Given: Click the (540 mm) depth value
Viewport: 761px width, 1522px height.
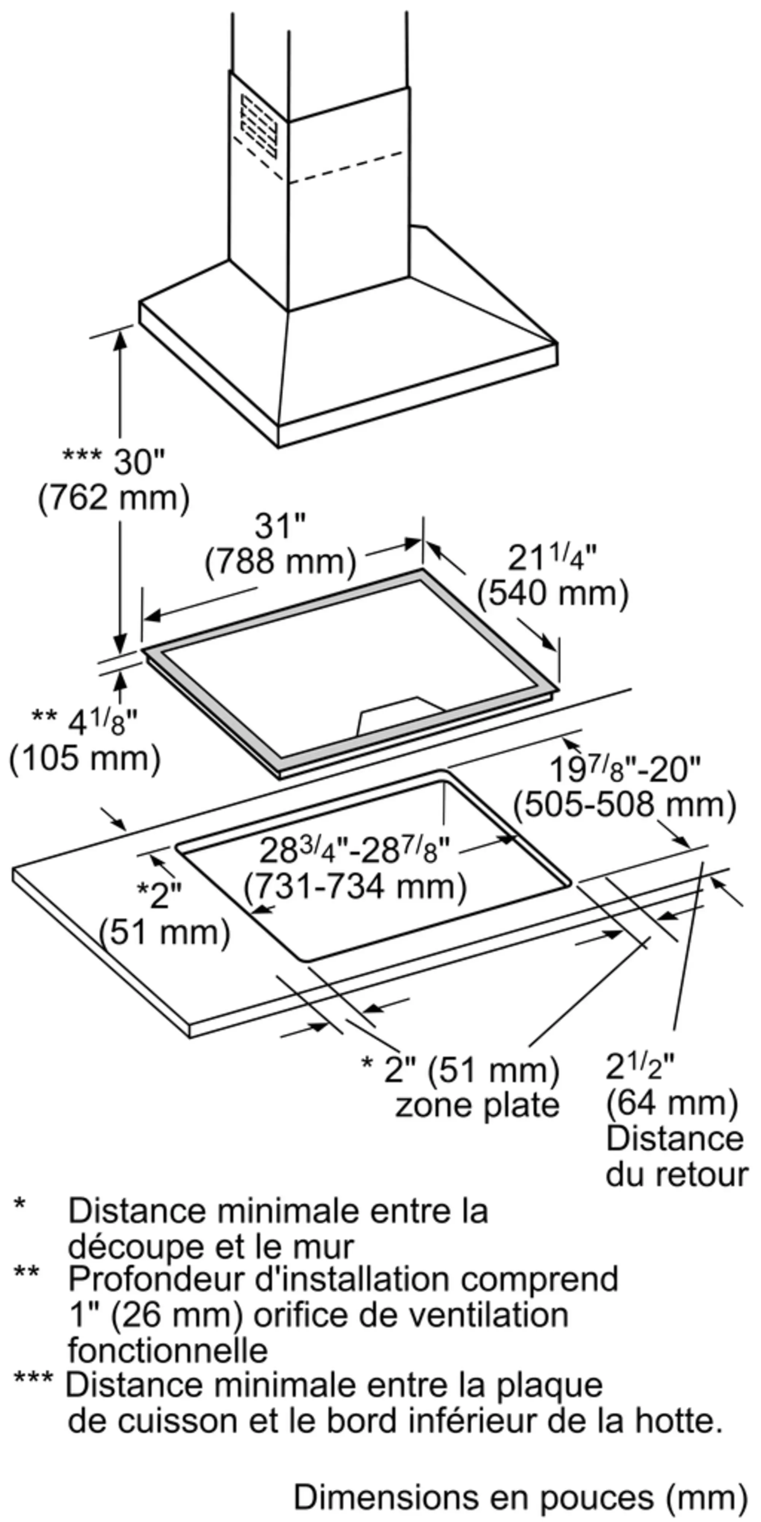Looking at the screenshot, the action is click(x=553, y=594).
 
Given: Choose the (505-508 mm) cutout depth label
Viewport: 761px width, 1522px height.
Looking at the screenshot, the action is click(x=624, y=805).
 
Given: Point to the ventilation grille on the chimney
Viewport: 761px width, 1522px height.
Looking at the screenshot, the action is click(x=258, y=125).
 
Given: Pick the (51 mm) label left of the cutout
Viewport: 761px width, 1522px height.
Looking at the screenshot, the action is click(x=164, y=933).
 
